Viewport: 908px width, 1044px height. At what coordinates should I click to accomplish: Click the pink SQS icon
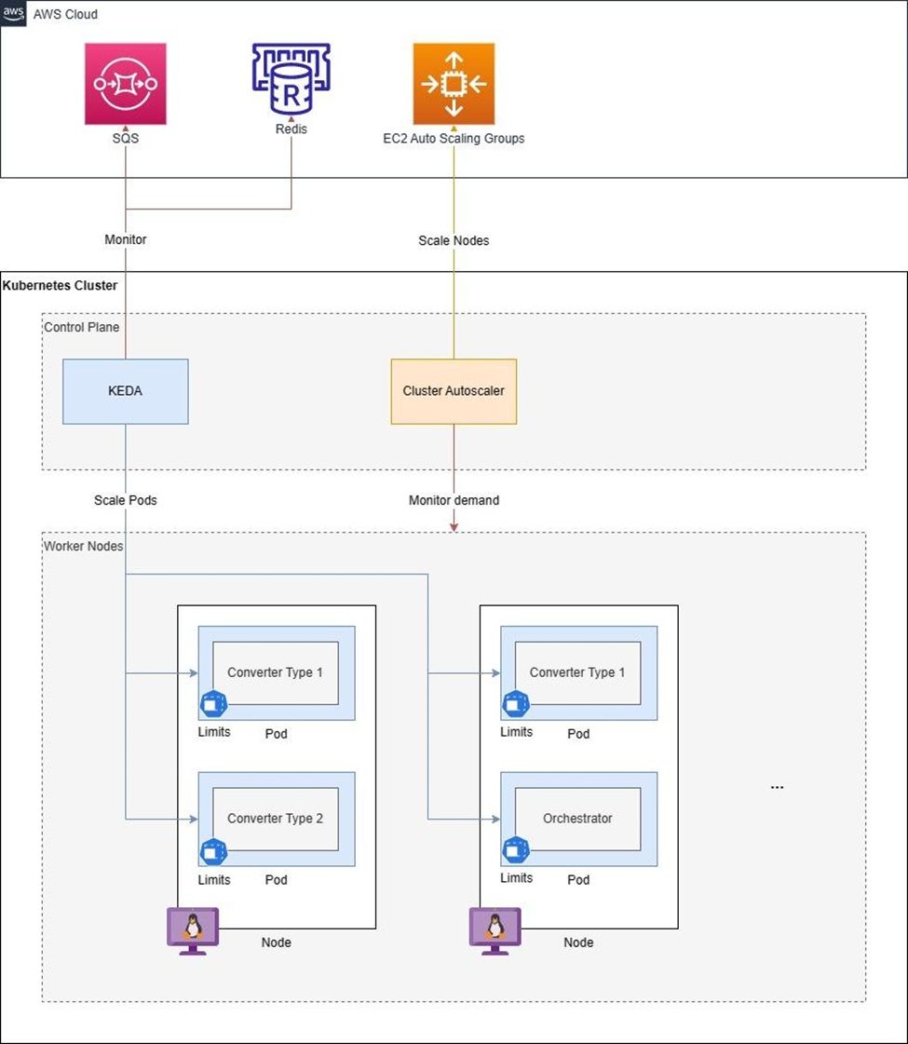coord(126,83)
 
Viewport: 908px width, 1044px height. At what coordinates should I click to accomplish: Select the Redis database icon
coord(291,78)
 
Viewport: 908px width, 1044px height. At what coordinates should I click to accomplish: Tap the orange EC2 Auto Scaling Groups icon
coord(454,83)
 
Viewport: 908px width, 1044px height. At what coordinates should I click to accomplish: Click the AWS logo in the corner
coord(12,13)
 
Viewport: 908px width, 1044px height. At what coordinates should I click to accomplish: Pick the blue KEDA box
coord(126,391)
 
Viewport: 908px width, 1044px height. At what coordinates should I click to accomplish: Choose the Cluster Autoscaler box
coord(454,391)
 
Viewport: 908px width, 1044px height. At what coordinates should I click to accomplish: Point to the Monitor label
coord(126,239)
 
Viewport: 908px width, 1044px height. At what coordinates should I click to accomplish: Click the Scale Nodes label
coord(454,240)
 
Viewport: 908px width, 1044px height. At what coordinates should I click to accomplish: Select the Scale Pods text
coord(126,500)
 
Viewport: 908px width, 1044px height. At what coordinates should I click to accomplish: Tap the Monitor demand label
coord(454,500)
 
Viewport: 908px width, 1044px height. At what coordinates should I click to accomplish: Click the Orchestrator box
coord(577,818)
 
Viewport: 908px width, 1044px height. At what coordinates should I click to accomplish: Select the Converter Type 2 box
coord(275,818)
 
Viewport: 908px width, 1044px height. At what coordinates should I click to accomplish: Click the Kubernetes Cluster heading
coord(61,285)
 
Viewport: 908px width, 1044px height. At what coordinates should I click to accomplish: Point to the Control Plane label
coord(82,327)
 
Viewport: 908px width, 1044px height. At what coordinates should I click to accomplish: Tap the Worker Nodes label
coord(84,546)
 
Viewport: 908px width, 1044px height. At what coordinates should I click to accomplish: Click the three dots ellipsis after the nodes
coord(777,788)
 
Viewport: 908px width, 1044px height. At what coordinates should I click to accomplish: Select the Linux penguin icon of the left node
coord(193,929)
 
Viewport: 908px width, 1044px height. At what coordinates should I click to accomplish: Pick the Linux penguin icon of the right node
coord(495,929)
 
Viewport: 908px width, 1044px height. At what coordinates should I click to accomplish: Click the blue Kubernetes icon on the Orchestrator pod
coord(515,849)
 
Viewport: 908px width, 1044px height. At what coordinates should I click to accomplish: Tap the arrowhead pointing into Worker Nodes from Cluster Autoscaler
coord(454,527)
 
